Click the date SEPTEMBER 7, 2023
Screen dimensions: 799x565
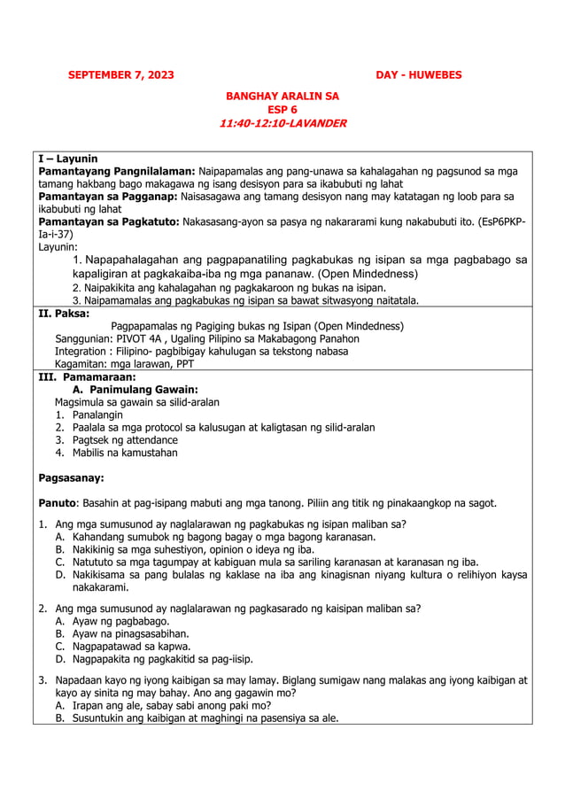121,75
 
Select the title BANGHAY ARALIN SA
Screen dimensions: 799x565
282,95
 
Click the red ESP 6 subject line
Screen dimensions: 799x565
282,109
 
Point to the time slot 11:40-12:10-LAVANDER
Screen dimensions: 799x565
282,123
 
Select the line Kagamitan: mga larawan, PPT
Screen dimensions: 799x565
124,363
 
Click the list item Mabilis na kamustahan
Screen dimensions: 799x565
125,453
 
